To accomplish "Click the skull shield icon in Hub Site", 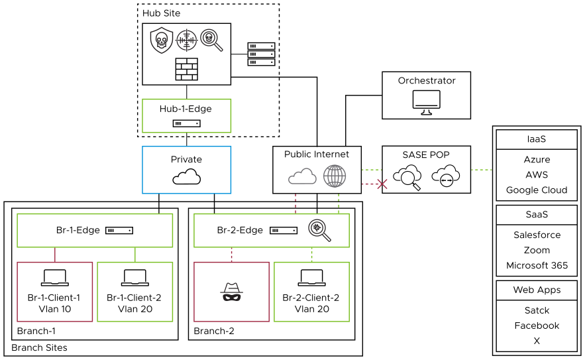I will (x=160, y=40).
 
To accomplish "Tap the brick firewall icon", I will (x=186, y=69).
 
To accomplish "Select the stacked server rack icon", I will (x=261, y=54).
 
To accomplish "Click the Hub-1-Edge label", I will (x=186, y=109).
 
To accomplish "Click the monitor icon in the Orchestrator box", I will (x=426, y=101).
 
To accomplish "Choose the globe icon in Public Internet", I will (x=335, y=176).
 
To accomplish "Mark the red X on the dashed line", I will (x=382, y=184).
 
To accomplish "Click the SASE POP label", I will (x=426, y=154).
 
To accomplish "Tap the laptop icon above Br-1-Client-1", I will (x=54, y=278).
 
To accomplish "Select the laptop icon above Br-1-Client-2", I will (x=134, y=278).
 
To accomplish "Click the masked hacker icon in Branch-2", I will (x=231, y=292).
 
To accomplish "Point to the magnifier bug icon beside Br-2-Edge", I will (x=319, y=229).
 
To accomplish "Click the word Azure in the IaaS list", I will (x=537, y=160).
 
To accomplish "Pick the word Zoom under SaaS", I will (x=537, y=250).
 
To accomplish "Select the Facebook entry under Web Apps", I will (x=537, y=326).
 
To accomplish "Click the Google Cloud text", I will (x=537, y=190).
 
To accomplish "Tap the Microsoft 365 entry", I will (x=537, y=265).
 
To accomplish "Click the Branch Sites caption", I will (x=39, y=347).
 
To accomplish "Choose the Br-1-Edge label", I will (x=78, y=230).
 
